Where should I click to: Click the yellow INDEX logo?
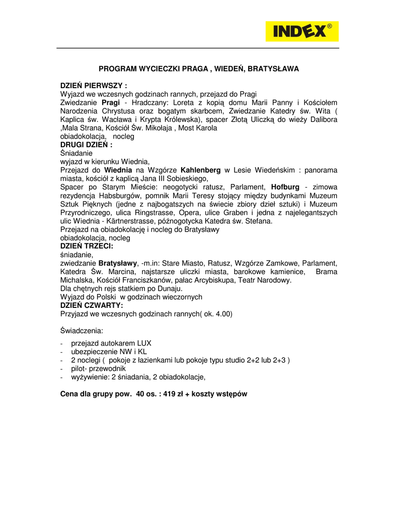[302, 31]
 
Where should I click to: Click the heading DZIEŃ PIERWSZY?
[94, 86]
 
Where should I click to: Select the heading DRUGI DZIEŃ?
[86, 145]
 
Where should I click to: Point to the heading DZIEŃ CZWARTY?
[92, 305]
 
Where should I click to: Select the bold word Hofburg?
[285, 187]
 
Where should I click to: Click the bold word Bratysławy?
[118, 263]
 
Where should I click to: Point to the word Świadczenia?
[82, 331]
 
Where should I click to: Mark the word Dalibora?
[322, 119]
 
